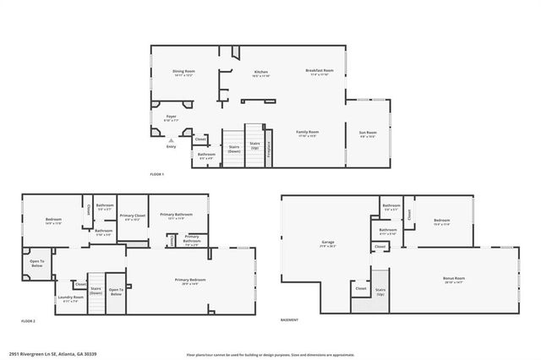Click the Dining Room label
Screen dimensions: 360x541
[183, 72]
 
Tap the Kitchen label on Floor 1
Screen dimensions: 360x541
[261, 73]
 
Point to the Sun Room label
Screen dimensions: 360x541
[369, 133]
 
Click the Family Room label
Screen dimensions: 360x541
[307, 133]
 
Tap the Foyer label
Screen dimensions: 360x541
[171, 117]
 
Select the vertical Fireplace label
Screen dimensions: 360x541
[270, 145]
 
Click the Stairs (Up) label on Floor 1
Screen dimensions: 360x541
[254, 145]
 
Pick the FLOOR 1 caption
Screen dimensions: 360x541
[156, 174]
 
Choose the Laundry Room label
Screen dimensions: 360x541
[71, 297]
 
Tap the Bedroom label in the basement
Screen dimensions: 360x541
[441, 221]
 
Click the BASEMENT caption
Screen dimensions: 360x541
[291, 321]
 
